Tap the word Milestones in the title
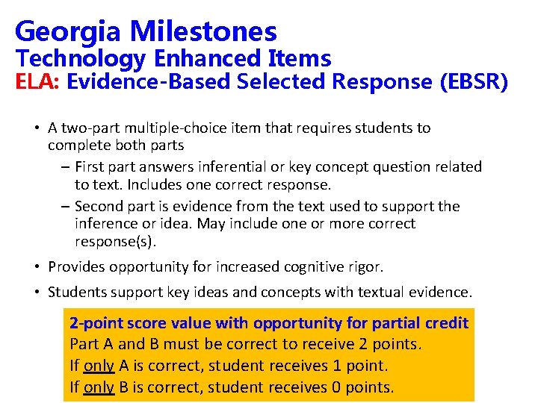202,32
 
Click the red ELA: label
38,82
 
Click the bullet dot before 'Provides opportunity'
37,266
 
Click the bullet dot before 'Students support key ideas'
37,292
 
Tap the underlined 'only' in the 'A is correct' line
99,366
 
